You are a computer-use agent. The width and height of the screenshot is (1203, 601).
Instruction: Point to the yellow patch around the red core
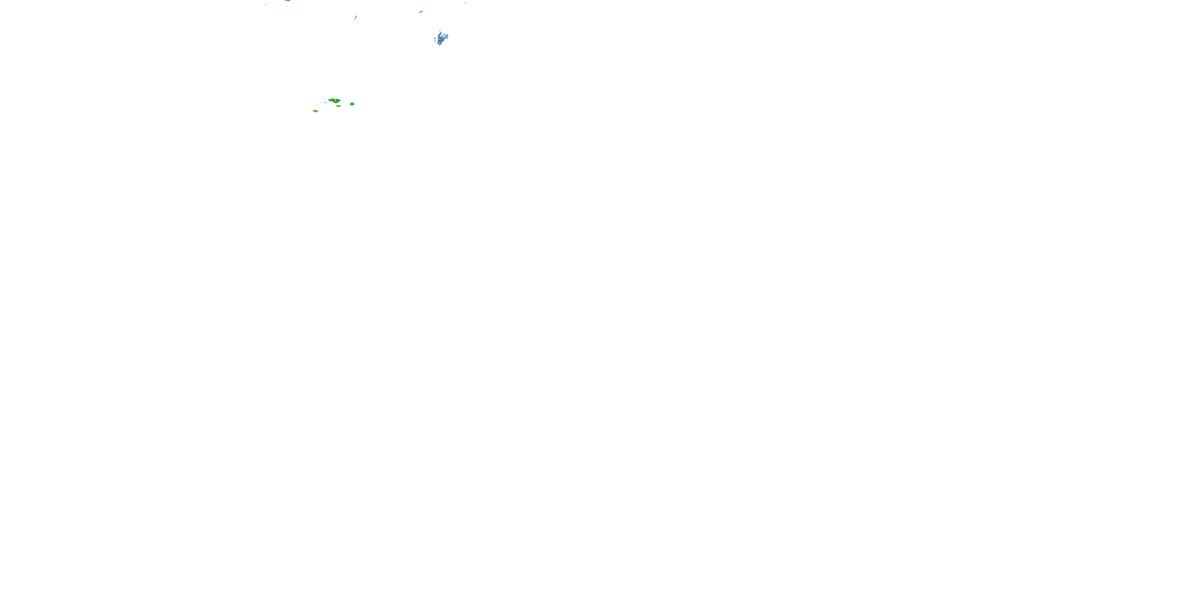(336, 101)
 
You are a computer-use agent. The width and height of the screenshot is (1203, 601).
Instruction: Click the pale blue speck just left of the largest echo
(326, 102)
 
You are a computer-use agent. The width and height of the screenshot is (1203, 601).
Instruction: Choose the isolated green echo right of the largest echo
(352, 104)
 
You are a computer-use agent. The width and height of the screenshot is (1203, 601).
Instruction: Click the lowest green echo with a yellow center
(315, 111)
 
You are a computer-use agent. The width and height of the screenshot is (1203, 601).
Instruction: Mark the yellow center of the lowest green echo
(316, 111)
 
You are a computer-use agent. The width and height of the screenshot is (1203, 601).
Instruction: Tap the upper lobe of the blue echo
(440, 34)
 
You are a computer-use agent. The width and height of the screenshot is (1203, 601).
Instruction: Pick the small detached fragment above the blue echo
(440, 31)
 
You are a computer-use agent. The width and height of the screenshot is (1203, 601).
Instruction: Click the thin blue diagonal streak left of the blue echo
(355, 18)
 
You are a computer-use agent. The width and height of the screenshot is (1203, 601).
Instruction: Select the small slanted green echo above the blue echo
(421, 12)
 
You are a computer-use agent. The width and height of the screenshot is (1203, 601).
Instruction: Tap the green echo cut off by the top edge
(287, 1)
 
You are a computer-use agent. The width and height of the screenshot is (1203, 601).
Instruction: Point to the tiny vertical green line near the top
(266, 5)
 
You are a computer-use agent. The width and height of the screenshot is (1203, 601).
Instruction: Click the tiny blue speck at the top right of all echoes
(465, 3)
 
